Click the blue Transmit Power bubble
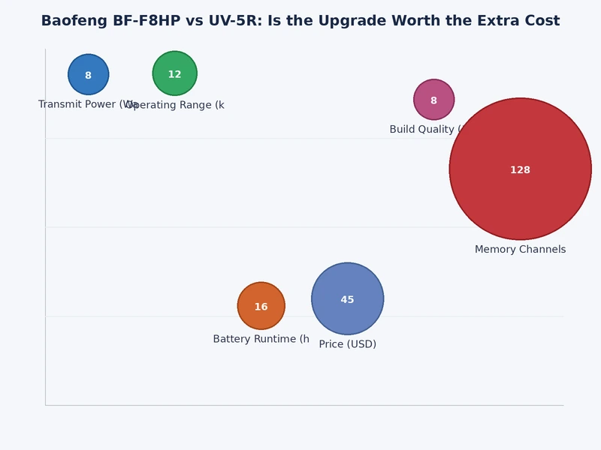[89, 74]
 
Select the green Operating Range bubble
[174, 73]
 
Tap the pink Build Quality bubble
[433, 100]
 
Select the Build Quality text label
[421, 130]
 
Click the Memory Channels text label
[520, 250]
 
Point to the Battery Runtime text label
[261, 339]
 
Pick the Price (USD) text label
[347, 344]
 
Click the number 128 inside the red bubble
[520, 170]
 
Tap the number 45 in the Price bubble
[347, 300]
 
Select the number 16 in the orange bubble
[261, 307]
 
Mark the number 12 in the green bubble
[174, 75]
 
